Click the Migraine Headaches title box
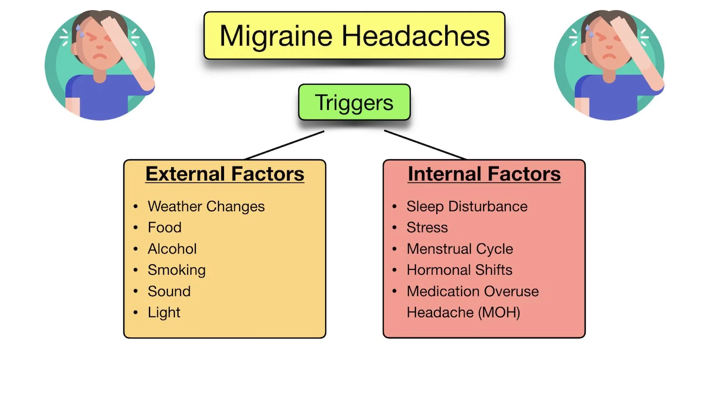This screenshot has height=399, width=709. coord(354,36)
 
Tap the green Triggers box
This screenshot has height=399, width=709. coord(354,103)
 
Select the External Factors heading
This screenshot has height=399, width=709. coord(225,174)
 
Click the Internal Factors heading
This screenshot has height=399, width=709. coord(484,174)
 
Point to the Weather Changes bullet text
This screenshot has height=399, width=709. coord(206,207)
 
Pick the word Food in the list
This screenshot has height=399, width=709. coord(164,227)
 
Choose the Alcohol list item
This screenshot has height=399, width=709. coord(172,249)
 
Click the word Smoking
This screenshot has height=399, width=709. coord(176,270)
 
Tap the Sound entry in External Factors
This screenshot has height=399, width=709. coord(169,291)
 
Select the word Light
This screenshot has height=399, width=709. coord(164,312)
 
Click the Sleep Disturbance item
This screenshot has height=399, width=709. coord(467,207)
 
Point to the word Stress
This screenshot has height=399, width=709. coord(427,227)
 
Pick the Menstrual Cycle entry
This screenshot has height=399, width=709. coord(460,249)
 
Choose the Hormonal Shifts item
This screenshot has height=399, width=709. coord(459,270)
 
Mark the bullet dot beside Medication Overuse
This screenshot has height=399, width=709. coord(395,291)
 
